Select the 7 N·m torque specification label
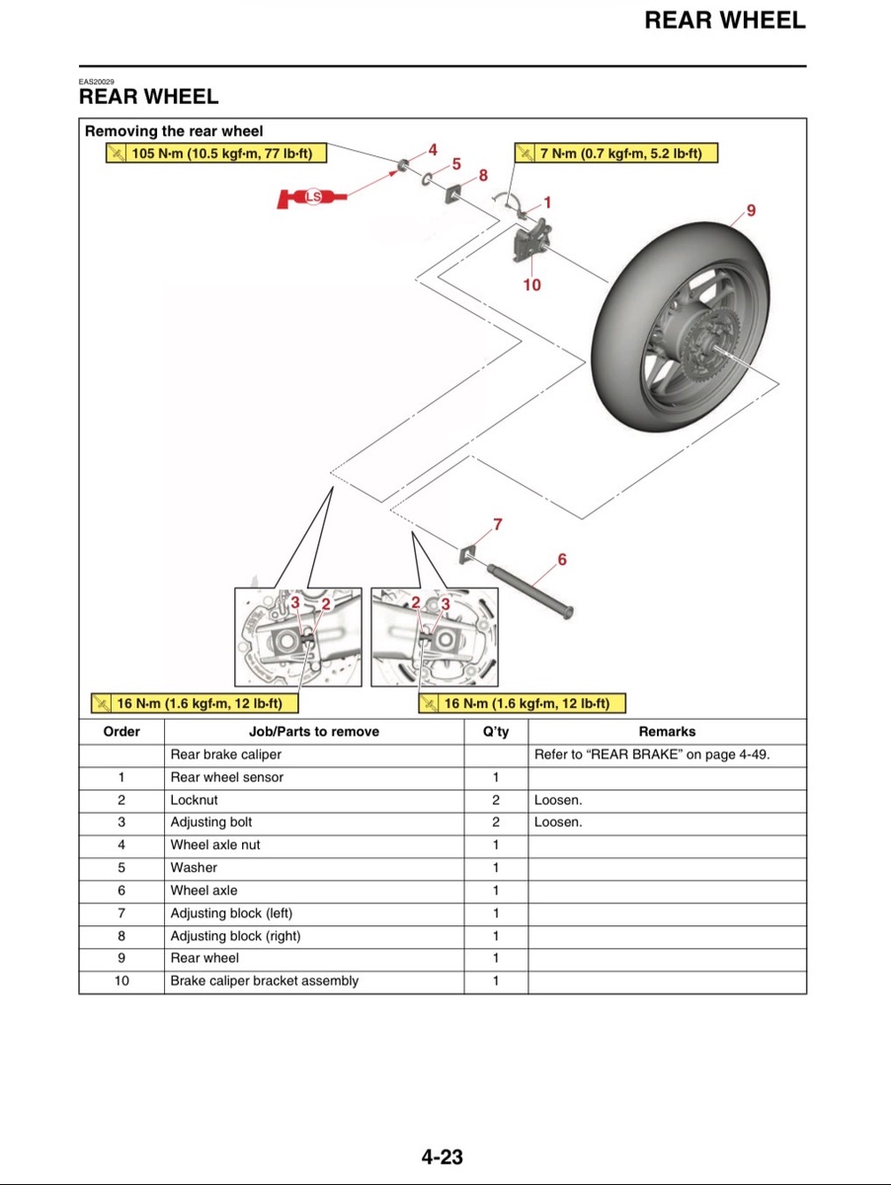(x=615, y=153)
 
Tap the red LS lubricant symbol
(x=313, y=197)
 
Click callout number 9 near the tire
(x=751, y=210)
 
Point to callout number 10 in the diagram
(x=531, y=284)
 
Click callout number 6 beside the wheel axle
(x=562, y=559)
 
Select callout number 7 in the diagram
(x=498, y=524)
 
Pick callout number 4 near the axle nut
(x=433, y=150)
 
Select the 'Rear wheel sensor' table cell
(x=226, y=777)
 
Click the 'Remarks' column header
(x=667, y=732)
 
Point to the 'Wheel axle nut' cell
(x=215, y=845)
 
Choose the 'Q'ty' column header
(x=495, y=732)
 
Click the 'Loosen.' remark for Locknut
(x=558, y=800)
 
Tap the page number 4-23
(x=443, y=1156)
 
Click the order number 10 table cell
(x=121, y=981)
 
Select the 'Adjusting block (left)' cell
(x=231, y=913)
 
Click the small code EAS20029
(x=97, y=82)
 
